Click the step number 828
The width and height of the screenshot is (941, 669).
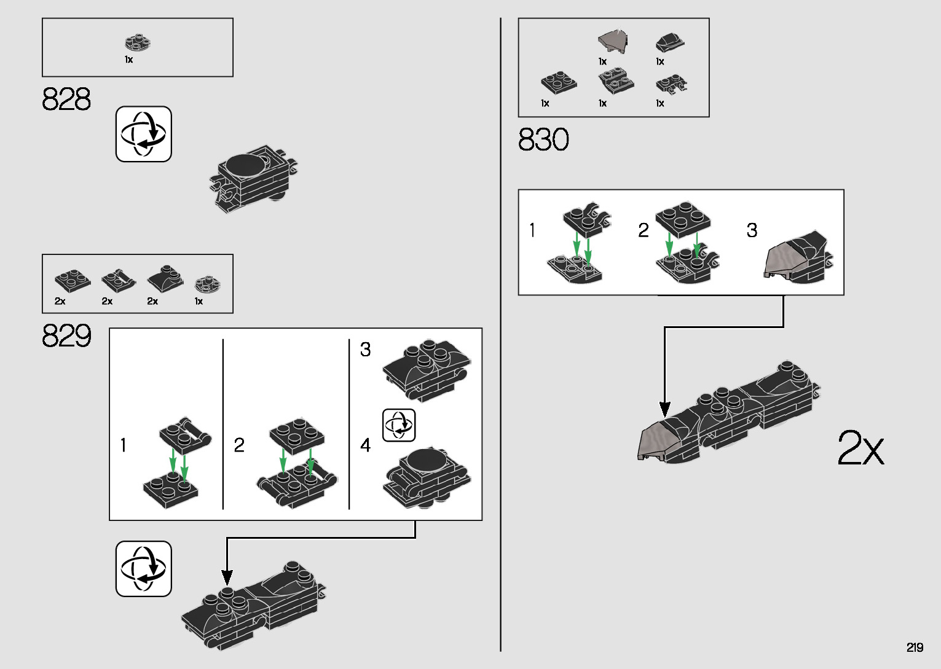(x=66, y=99)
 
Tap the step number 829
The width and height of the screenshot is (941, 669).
(x=66, y=336)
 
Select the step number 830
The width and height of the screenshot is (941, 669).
(x=543, y=140)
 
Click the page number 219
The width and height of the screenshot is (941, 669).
(x=915, y=647)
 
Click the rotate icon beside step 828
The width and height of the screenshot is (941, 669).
(x=144, y=134)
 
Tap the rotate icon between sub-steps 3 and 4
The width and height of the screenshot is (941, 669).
(x=399, y=424)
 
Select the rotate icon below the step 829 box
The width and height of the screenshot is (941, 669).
(x=144, y=568)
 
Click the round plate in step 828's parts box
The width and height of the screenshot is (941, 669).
(x=138, y=42)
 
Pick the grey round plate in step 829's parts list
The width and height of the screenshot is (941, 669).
(x=208, y=284)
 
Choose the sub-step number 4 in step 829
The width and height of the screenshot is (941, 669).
(x=365, y=445)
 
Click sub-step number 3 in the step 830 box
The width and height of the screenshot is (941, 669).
(x=752, y=230)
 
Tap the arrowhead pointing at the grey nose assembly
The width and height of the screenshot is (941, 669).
(x=664, y=409)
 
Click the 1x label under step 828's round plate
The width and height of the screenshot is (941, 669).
(x=128, y=60)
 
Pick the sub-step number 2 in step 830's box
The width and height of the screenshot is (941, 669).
(x=643, y=230)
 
